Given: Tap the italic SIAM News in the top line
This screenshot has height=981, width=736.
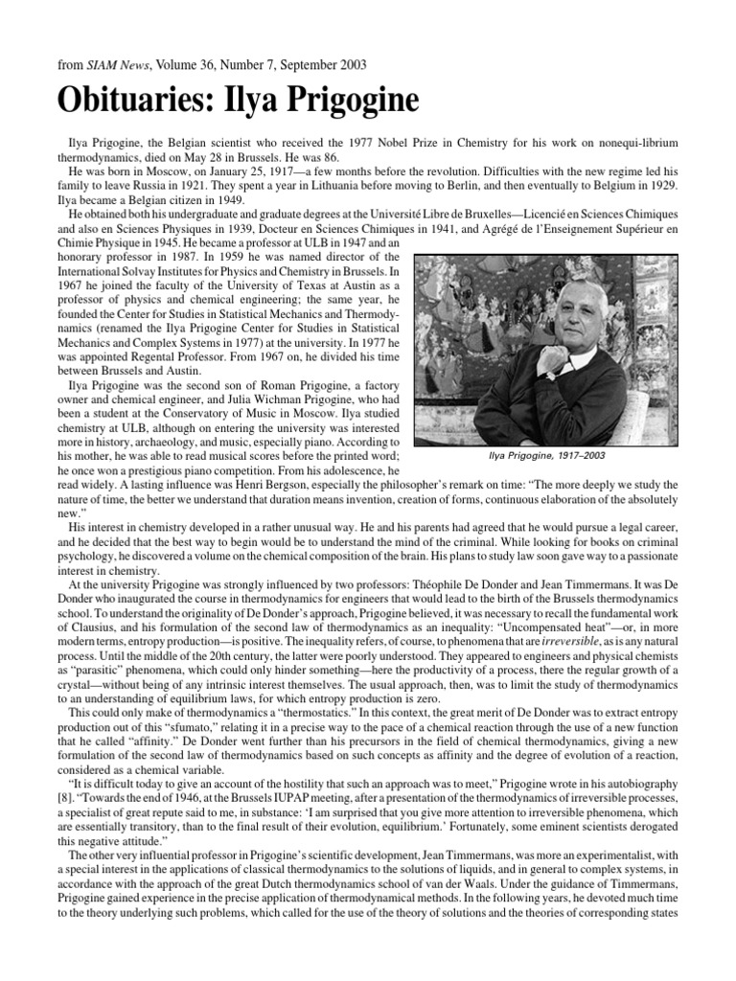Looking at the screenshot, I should (106, 64).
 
